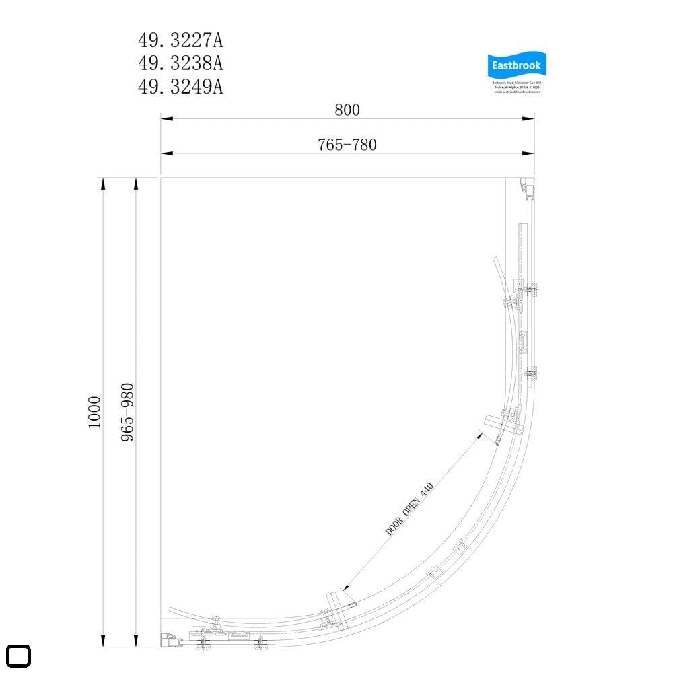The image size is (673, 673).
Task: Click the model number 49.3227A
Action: tap(180, 41)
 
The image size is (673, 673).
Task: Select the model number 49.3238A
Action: tap(180, 63)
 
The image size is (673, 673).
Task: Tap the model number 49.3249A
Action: tap(180, 86)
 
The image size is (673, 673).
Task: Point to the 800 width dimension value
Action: tap(347, 109)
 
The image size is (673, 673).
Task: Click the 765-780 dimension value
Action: tap(347, 144)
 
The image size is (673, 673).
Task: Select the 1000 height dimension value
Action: tap(94, 412)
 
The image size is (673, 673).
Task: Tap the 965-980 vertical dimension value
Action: tap(127, 412)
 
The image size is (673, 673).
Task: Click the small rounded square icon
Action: tap(19, 656)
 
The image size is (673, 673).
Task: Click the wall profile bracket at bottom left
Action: tap(170, 640)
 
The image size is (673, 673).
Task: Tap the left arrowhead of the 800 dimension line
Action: tap(166, 120)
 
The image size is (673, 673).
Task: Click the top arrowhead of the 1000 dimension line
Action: tap(103, 183)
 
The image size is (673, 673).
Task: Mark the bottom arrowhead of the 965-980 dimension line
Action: tap(137, 642)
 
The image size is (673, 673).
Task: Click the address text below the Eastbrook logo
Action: tap(517, 87)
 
